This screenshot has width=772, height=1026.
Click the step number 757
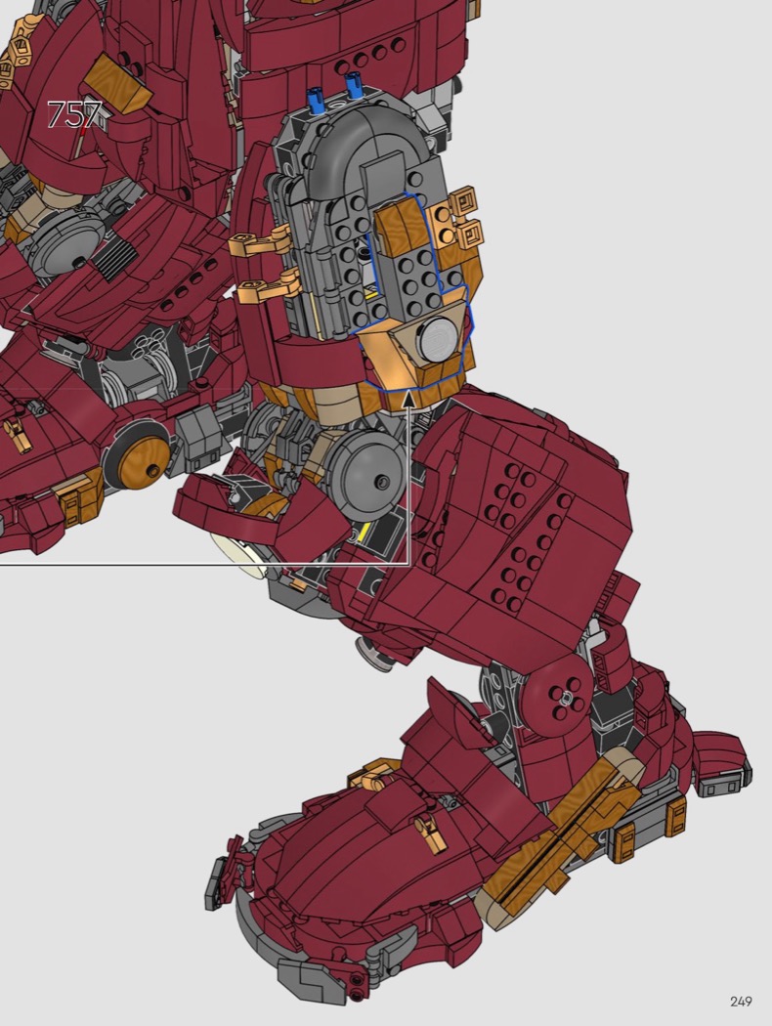75,115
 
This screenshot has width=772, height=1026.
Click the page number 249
741,1002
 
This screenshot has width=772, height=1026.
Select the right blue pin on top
354,86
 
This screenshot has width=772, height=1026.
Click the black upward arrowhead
408,398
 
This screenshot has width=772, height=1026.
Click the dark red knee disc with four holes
558,695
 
